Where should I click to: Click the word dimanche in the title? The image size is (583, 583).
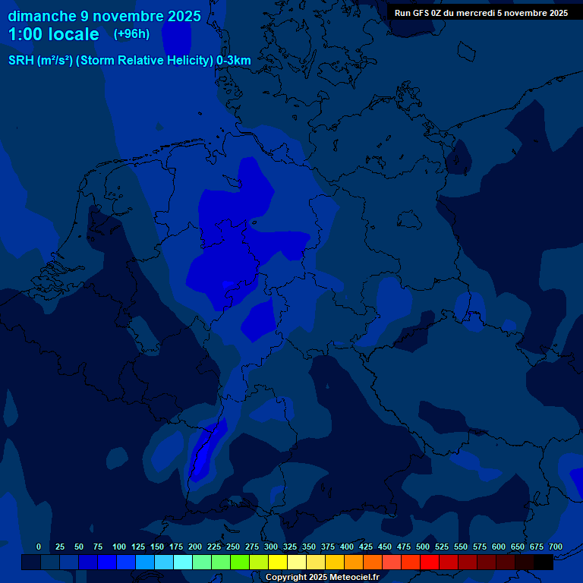point(42,16)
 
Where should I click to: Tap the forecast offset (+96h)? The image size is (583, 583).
point(131,34)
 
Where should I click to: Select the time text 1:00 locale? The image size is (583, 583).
point(53,35)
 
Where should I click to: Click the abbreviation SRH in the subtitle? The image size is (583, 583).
point(21,61)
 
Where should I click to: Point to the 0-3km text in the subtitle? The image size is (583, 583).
point(234,61)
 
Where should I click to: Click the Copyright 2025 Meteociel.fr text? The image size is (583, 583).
point(322,577)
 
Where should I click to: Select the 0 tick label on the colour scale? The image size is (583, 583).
point(39,547)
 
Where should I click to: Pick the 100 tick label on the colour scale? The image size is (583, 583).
point(119,547)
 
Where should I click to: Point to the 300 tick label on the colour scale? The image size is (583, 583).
point(271,547)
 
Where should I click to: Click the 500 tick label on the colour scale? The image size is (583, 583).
point(423,547)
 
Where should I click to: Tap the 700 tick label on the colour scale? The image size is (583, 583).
point(556,547)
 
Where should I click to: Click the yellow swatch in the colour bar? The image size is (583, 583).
point(278,562)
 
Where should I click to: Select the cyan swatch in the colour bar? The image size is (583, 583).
point(183,562)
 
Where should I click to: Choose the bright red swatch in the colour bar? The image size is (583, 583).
point(430,562)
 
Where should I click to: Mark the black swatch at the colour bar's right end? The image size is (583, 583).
point(544,562)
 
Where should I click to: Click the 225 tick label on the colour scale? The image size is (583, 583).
point(214,547)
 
